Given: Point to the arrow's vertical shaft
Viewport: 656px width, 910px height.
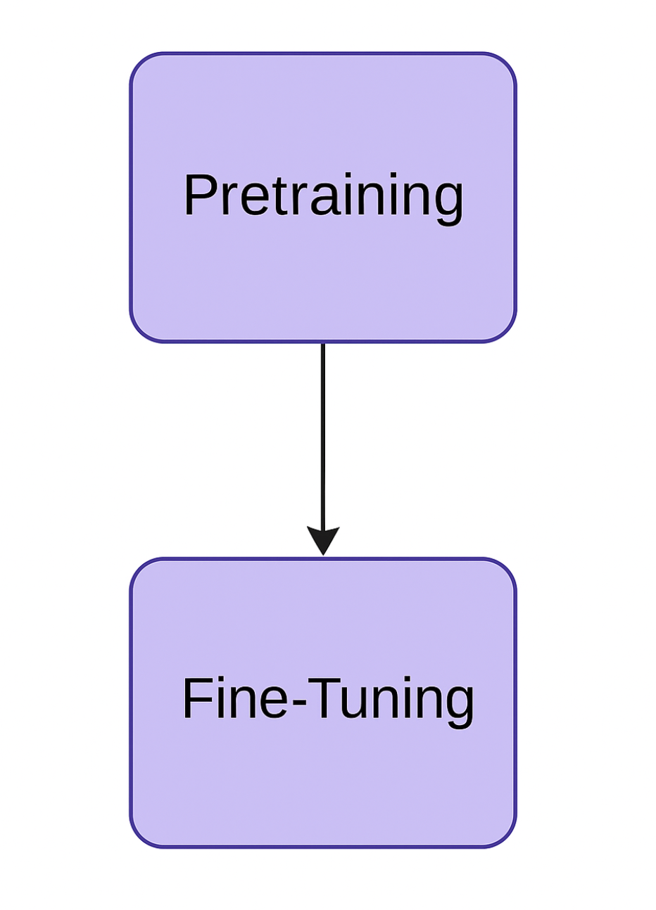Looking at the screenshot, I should [x=323, y=436].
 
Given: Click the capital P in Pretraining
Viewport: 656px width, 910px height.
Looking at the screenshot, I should [x=198, y=196].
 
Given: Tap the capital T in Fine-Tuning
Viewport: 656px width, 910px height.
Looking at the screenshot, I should [x=322, y=698].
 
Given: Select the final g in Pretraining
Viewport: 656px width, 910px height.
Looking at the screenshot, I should [x=449, y=202].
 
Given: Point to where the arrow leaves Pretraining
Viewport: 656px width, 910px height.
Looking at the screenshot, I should [x=323, y=345].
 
